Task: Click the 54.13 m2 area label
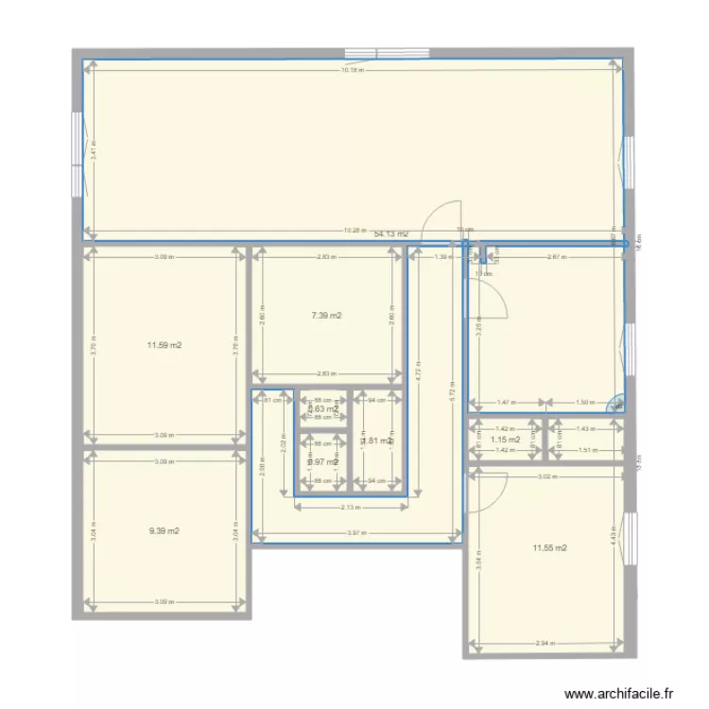390,233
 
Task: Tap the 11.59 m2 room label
164,346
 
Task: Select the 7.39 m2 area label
326,316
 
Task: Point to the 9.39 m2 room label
164,531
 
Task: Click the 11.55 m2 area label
549,548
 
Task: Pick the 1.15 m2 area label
506,440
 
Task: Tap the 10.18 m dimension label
352,71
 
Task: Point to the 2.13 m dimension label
350,508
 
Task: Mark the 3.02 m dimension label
545,477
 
